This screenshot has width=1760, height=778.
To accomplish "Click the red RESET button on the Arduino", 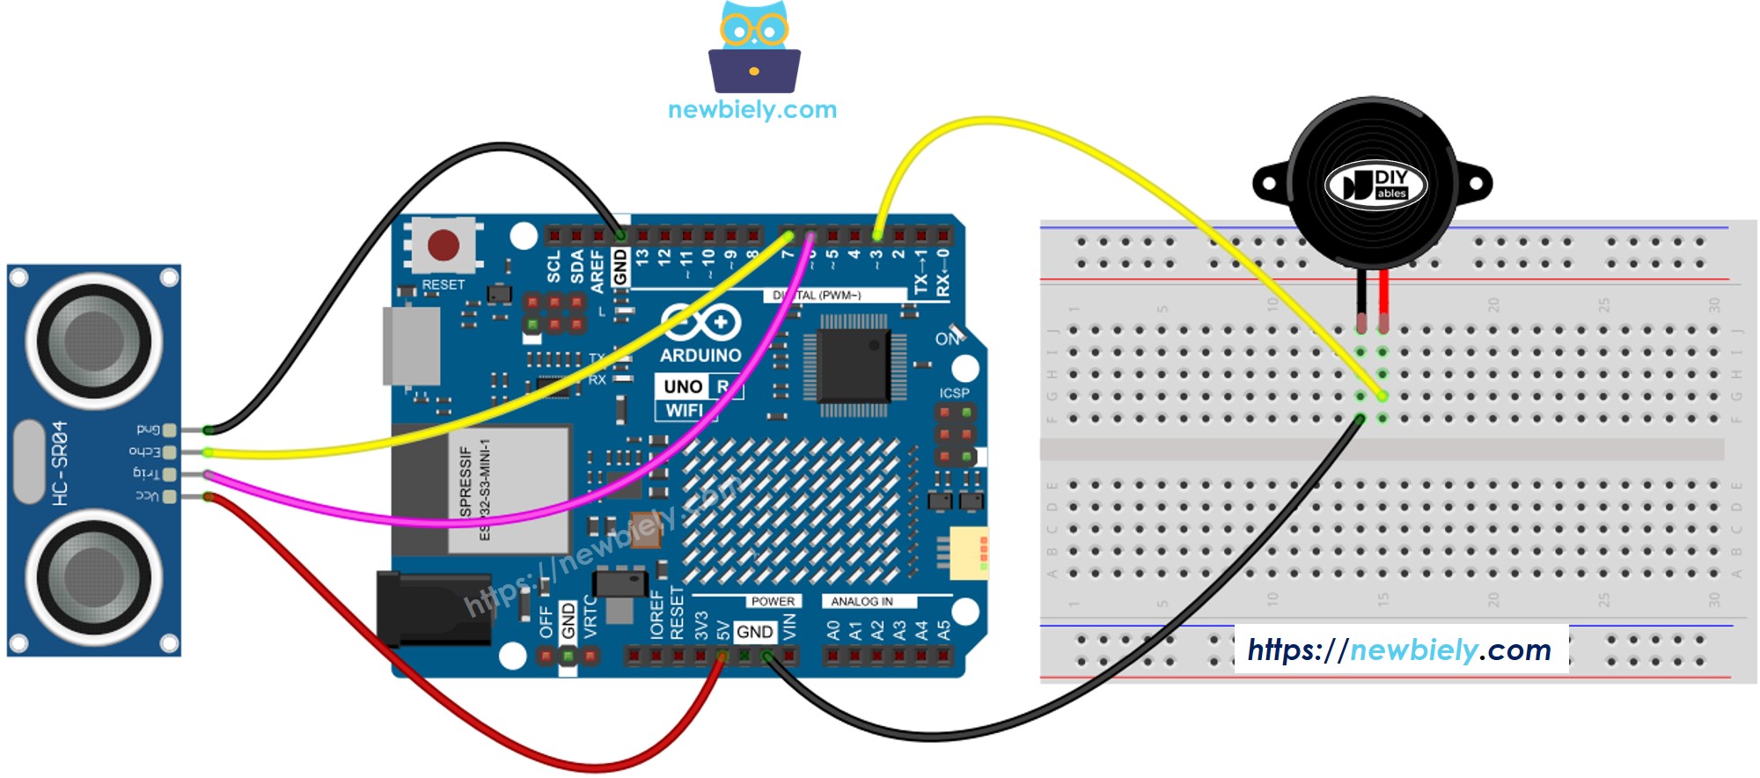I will point(443,246).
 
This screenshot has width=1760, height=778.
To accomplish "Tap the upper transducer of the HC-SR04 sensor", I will point(94,340).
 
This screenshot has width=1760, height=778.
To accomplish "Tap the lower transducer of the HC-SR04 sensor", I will point(94,576).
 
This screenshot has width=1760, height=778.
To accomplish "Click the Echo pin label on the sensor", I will point(145,452).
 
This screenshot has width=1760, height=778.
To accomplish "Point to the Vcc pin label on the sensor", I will point(147,496).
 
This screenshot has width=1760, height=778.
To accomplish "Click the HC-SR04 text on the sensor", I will point(59,463).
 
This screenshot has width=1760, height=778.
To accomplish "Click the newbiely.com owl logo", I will point(754,48).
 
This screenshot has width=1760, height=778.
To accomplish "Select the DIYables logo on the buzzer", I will point(1375,186).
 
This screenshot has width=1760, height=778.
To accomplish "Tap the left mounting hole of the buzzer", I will point(1269,185).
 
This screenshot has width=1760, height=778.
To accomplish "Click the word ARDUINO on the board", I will point(700,356).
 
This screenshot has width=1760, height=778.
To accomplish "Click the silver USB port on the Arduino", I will point(410,346).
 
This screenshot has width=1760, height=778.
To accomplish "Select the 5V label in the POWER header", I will point(722,630).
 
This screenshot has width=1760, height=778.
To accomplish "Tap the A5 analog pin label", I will point(944,630).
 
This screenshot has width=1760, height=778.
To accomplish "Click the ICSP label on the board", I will point(954,393).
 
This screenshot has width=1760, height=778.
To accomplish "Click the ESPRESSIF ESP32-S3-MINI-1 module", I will point(508,489).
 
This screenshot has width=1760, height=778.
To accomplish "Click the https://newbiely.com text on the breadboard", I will point(1399,650).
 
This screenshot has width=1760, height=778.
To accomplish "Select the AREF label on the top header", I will point(598,269).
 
